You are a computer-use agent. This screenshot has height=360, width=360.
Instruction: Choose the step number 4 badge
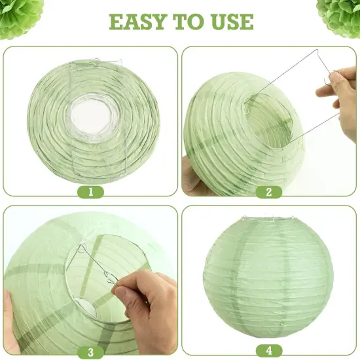[269, 352]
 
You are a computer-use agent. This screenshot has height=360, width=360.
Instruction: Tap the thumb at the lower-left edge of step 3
[9, 308]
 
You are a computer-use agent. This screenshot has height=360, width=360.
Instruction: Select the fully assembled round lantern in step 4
[268, 275]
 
